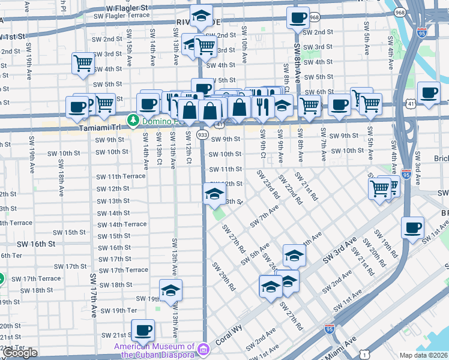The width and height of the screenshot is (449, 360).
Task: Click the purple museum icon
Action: tap(203, 349)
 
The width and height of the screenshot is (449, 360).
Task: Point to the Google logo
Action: tap(20, 353)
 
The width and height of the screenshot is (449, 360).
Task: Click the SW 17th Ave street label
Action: tap(94, 296)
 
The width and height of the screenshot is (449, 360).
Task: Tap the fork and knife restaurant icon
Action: tap(262, 107)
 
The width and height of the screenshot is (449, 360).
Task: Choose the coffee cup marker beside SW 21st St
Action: tap(143, 330)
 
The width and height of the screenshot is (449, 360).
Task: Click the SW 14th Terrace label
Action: tap(122, 224)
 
